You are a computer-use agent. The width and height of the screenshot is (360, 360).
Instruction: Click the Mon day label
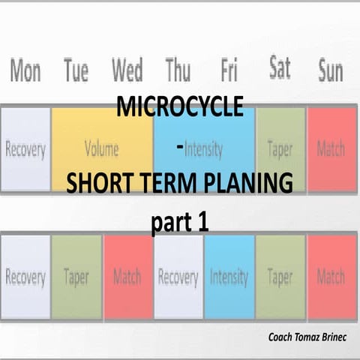pos(25,72)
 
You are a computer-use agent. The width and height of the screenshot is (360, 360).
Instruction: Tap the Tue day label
pos(76,72)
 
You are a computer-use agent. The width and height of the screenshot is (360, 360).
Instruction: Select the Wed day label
pos(127,72)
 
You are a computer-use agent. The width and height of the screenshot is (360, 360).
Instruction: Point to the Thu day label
pos(178,72)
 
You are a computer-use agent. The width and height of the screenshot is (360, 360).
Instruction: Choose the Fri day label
pos(229,72)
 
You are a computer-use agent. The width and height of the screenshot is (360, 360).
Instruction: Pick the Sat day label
pos(280,69)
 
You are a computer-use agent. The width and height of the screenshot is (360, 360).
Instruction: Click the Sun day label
pos(330,72)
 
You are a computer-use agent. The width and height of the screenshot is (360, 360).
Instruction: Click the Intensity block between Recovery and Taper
pos(229,277)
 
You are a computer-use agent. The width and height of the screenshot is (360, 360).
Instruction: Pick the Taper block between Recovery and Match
pos(76,277)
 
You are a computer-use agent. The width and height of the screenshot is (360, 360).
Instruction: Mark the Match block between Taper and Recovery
pos(127,277)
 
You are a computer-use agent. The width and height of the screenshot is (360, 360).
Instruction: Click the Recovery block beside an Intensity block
pos(178,277)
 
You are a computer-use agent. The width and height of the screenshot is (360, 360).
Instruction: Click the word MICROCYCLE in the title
pos(179,107)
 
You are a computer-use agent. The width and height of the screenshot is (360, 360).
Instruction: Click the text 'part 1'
pos(179,222)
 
